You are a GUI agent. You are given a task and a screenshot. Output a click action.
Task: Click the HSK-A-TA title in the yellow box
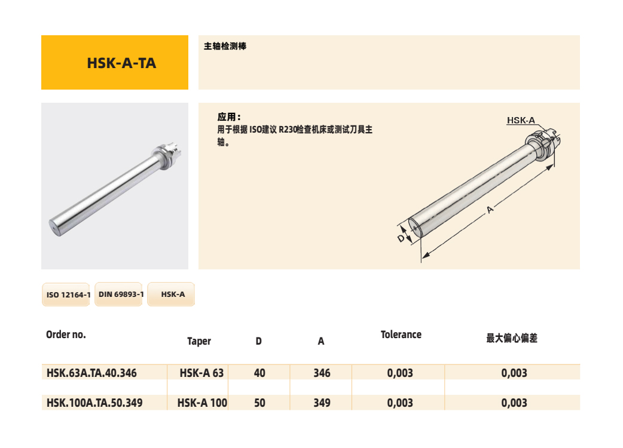(x=121, y=63)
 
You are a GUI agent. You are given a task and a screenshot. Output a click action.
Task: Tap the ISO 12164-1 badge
(x=66, y=294)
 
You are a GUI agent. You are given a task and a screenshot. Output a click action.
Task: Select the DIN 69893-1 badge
(x=119, y=294)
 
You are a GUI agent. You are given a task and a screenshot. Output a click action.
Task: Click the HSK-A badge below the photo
(x=171, y=294)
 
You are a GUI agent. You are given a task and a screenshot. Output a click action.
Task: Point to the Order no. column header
(x=66, y=335)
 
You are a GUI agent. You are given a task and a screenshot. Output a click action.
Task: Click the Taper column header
(x=199, y=341)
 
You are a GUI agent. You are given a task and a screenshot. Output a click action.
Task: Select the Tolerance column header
(x=401, y=335)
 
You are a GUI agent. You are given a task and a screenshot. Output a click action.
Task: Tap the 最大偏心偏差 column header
(x=512, y=338)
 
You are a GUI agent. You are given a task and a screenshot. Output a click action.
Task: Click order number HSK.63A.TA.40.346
(x=91, y=373)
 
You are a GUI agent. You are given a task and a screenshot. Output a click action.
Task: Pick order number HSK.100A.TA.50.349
(x=94, y=403)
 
